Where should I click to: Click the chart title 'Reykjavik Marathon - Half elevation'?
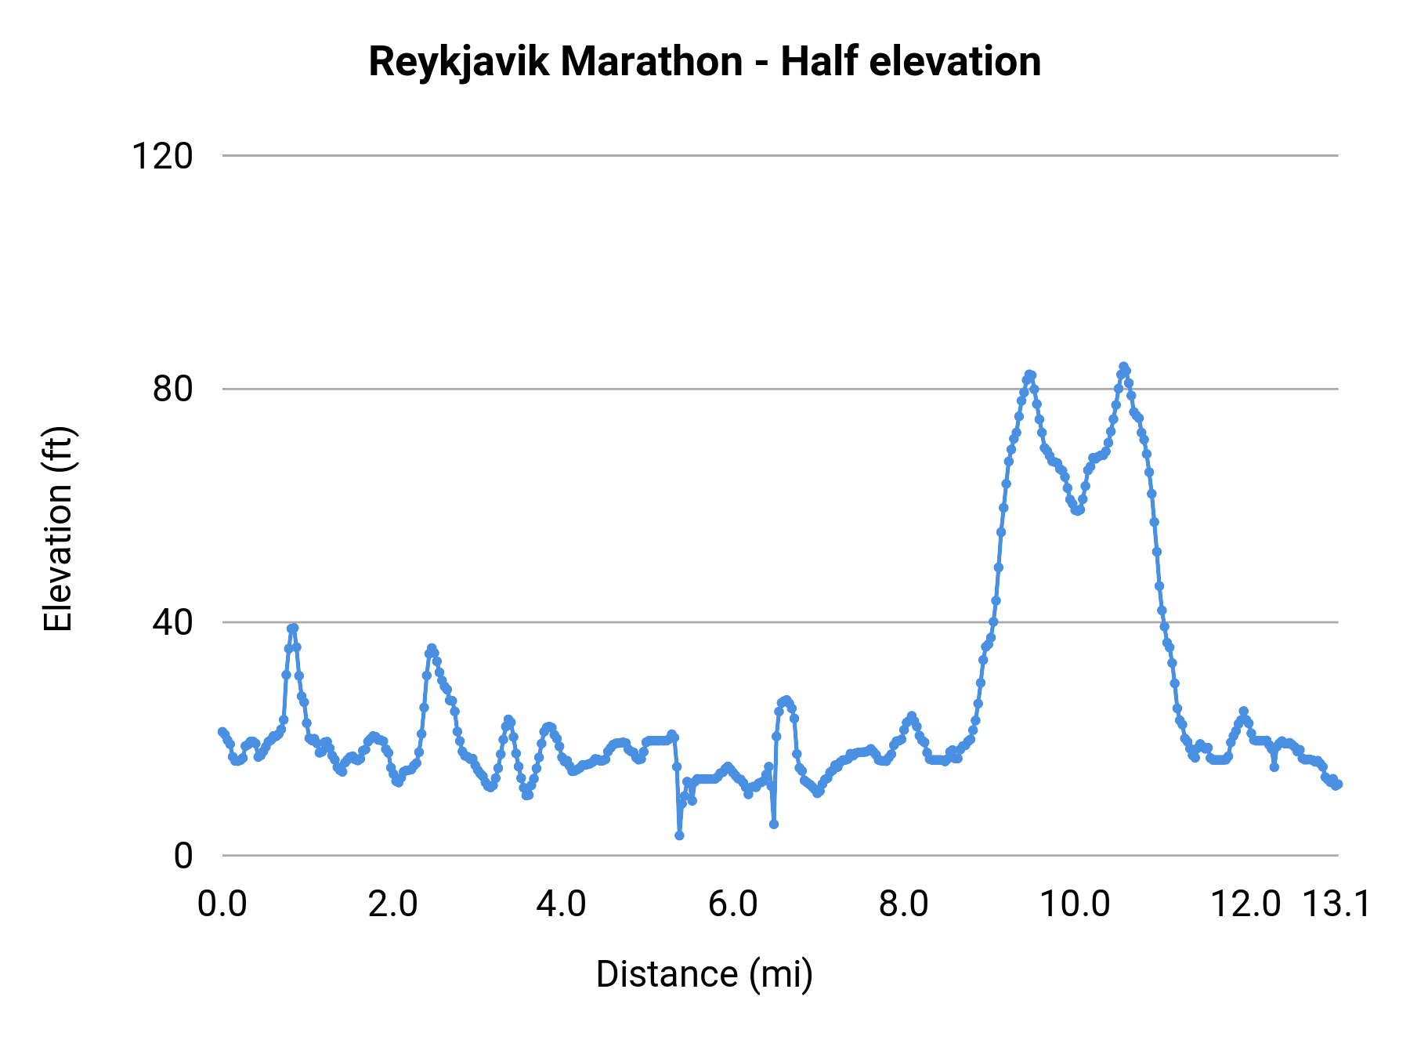pos(704,62)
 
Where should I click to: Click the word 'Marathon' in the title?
pos(651,62)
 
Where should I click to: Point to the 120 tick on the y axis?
pos(162,156)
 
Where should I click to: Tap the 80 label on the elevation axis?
pos(172,389)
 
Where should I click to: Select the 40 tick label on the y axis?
pos(172,622)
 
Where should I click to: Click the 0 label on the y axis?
pos(183,856)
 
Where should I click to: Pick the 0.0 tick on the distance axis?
pos(222,904)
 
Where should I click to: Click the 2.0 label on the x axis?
pos(392,904)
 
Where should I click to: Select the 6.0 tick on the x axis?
pos(732,904)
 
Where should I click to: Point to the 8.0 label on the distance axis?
pos(903,904)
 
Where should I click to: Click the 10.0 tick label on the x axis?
pos(1075,904)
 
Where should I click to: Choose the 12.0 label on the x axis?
pos(1245,904)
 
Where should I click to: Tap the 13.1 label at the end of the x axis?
pos(1336,904)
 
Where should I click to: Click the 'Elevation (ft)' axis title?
pos(58,529)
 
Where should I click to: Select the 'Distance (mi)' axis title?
pos(704,975)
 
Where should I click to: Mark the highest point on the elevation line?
pos(1123,367)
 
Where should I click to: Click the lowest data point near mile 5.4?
pos(679,835)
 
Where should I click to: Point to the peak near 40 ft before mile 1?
pos(293,628)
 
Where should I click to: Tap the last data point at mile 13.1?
pos(1338,784)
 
